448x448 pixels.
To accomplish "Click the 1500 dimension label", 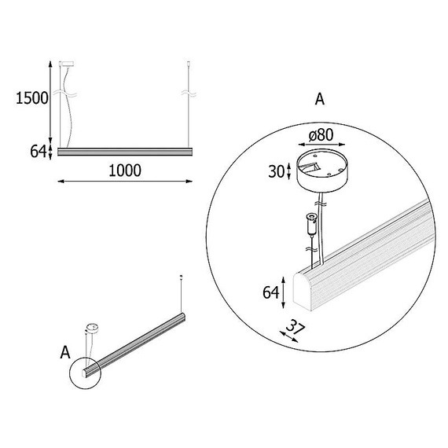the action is [x=32, y=98].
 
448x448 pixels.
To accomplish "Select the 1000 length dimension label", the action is [x=125, y=171].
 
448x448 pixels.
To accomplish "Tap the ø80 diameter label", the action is [x=321, y=135].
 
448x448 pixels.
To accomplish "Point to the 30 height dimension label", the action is [x=277, y=171].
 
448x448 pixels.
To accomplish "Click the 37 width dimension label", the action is [x=296, y=327].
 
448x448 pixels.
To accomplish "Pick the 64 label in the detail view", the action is [x=271, y=292].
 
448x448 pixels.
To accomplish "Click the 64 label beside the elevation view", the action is [x=39, y=152].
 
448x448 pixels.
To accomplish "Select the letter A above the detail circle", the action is [x=320, y=99].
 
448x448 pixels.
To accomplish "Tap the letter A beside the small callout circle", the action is [x=65, y=353].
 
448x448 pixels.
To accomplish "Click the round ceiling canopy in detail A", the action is [x=321, y=171].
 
